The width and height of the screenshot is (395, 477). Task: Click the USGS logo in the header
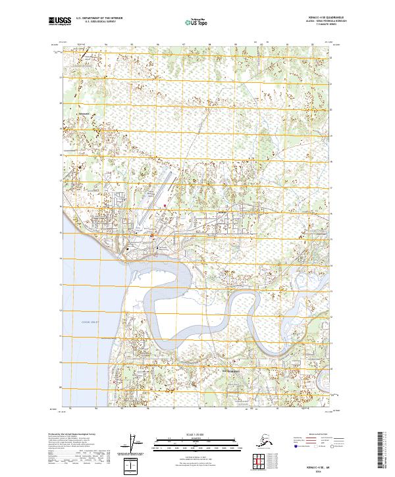(59, 22)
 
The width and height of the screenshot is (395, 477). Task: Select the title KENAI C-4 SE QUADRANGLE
(311, 18)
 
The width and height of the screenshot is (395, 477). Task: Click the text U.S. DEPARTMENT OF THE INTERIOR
(98, 19)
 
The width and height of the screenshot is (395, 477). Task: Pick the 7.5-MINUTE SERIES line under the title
(311, 26)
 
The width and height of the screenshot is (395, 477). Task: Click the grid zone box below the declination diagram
(133, 466)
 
